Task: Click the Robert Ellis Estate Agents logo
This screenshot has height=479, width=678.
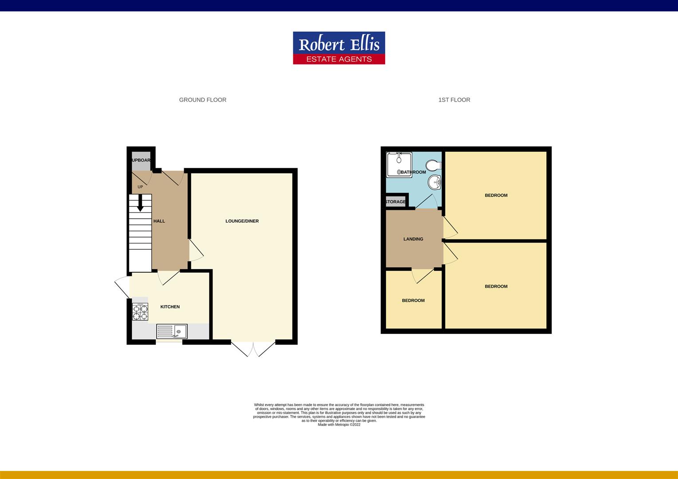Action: point(339,48)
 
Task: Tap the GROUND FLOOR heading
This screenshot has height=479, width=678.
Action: point(202,100)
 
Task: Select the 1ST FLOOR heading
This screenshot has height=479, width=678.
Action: point(454,100)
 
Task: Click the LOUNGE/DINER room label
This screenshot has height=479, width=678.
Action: point(242,221)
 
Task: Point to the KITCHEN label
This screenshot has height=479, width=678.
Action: point(170,307)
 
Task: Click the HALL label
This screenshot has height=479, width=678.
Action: point(159,221)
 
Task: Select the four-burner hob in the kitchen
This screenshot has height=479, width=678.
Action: point(140,311)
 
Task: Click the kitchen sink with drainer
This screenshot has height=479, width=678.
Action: point(172,331)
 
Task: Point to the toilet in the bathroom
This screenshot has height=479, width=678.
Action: point(434,165)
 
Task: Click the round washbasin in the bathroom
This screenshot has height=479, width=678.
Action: point(435,181)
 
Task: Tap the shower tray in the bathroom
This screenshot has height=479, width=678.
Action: point(398,164)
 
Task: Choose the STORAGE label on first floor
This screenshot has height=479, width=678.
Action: point(395,202)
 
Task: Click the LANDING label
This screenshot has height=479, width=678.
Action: point(413,239)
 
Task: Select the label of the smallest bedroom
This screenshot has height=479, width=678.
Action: point(413,300)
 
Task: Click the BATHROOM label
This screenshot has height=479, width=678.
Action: point(413,172)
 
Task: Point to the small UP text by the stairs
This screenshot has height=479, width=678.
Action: point(140,187)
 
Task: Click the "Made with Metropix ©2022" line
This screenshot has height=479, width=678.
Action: point(339,424)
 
